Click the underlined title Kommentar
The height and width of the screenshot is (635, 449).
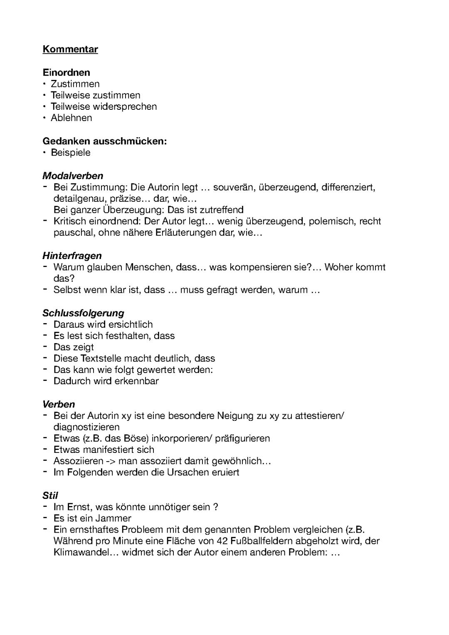[70, 49]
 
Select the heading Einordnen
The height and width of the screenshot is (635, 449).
[66, 72]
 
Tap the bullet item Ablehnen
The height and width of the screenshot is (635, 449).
[71, 118]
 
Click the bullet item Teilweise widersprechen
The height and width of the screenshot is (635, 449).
[104, 106]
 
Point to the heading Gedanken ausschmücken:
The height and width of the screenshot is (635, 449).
[104, 141]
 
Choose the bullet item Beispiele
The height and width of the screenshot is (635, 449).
[70, 152]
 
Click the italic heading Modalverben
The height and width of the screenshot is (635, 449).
[72, 175]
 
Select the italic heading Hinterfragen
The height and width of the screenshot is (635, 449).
[72, 255]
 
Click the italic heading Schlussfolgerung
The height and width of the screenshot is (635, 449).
[83, 313]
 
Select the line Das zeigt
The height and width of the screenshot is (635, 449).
[74, 347]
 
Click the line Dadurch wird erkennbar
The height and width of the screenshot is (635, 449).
[106, 381]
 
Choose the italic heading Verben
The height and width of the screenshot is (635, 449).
[59, 404]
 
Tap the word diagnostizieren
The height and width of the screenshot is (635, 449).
[86, 427]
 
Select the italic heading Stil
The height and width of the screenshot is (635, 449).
[50, 495]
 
